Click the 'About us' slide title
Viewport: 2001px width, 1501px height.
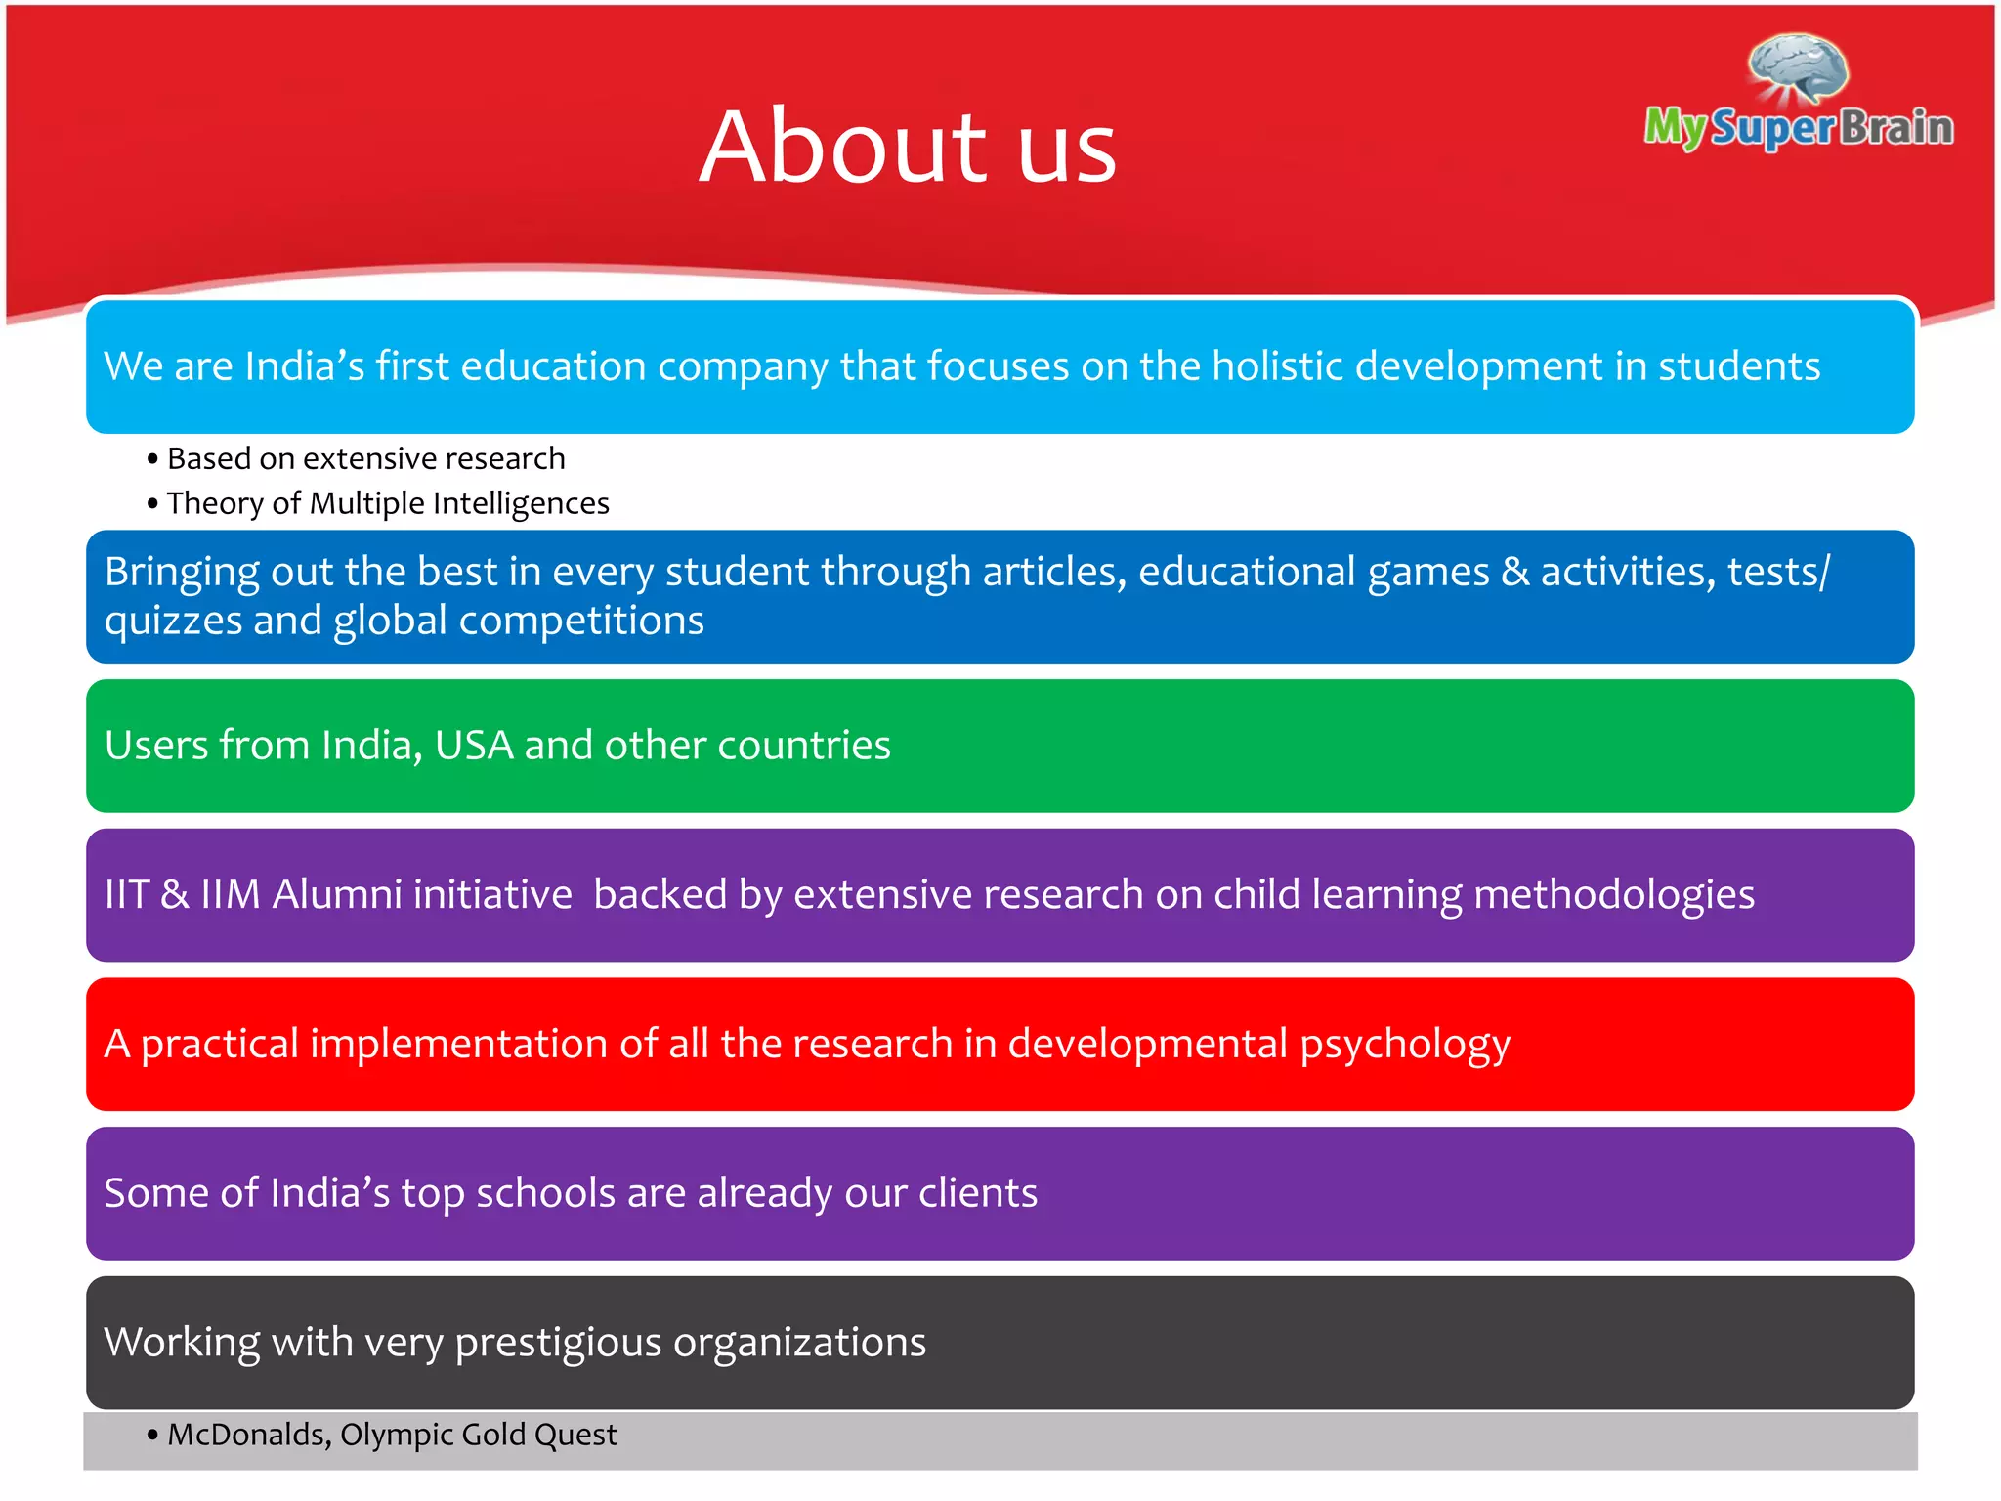point(908,147)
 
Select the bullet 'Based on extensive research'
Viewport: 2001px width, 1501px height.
point(365,458)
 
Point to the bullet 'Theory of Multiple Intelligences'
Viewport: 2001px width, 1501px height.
point(387,503)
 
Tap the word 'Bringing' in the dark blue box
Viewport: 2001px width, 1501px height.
point(182,573)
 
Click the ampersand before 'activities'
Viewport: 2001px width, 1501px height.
point(1514,573)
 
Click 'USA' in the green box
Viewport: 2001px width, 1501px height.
point(474,746)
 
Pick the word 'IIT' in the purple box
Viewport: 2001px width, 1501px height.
point(126,895)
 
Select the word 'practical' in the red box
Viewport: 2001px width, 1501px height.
point(220,1045)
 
